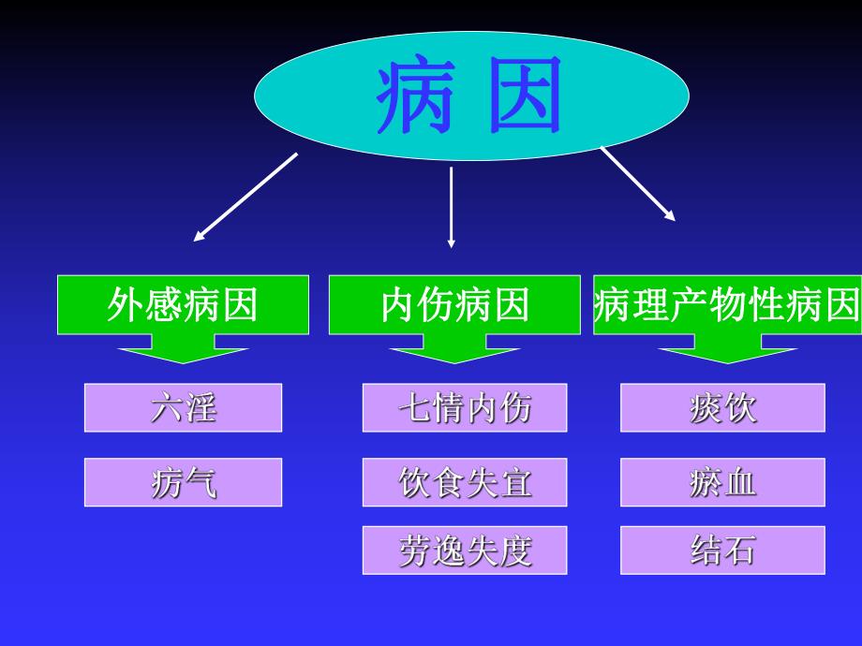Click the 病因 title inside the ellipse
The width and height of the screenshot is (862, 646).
pos(471,96)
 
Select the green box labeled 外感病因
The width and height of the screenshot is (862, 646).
pos(183,305)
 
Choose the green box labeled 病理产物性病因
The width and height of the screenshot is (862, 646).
pos(726,305)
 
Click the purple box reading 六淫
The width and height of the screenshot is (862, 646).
pos(183,408)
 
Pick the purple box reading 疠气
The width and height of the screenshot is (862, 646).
pos(183,482)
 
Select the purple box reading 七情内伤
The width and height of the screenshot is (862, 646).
pos(465,408)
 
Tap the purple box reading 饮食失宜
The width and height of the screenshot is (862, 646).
pos(465,482)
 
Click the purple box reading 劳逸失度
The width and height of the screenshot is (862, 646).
pos(465,551)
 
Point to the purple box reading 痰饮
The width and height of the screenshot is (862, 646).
pos(722,408)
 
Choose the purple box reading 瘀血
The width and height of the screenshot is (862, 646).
pos(722,482)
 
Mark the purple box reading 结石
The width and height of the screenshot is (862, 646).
pos(722,551)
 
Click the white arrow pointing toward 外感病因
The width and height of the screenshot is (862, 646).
pos(245,197)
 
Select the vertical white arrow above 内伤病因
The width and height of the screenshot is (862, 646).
pos(452,206)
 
